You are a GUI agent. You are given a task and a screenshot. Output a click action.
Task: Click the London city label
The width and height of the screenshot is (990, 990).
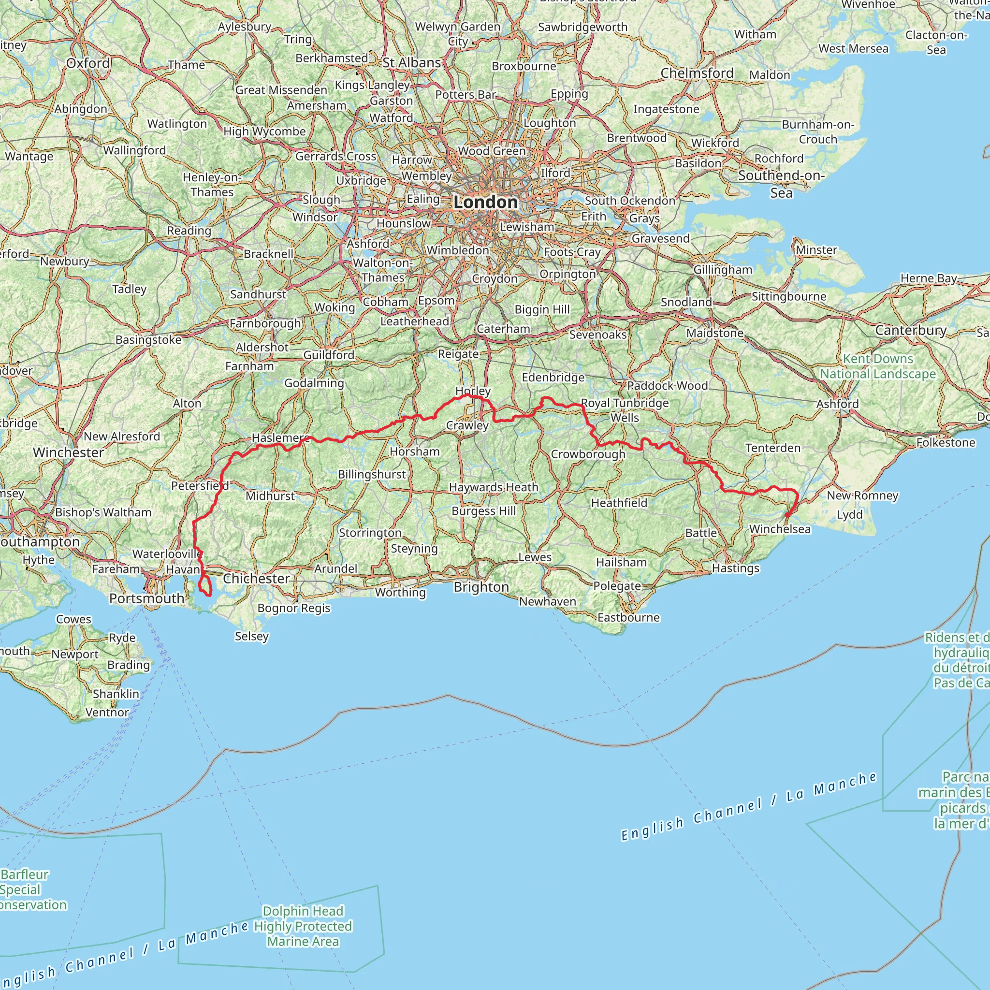(x=485, y=202)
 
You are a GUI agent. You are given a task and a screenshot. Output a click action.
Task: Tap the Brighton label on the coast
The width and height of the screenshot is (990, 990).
(x=481, y=587)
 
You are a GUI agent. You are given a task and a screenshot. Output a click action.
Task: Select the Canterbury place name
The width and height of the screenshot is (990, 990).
(x=911, y=330)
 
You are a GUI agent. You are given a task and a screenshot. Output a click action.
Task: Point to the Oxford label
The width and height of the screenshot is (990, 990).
(x=88, y=63)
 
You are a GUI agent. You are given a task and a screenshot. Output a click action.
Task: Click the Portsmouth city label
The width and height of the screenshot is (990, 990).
(x=146, y=598)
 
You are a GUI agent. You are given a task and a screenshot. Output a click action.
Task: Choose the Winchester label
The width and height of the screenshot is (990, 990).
(x=68, y=452)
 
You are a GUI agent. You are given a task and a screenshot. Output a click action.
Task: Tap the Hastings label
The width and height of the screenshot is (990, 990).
(x=735, y=568)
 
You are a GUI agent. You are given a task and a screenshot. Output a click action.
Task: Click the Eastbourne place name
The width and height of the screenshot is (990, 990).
(x=628, y=617)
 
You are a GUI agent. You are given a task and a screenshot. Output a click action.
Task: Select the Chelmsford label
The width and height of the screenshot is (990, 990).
(x=697, y=73)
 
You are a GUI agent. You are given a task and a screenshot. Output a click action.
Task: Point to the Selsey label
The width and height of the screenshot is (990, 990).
(x=251, y=636)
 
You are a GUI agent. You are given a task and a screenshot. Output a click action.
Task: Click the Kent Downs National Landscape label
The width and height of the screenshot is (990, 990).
(x=878, y=366)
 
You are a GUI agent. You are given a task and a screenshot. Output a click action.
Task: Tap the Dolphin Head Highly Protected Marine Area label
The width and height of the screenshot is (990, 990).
(x=303, y=926)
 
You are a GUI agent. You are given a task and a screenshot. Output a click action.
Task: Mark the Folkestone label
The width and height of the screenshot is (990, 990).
(x=946, y=442)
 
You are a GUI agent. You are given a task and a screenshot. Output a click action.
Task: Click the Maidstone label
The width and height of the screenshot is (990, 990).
(x=715, y=333)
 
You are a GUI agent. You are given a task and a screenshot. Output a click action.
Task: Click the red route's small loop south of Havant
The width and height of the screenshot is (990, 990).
(x=205, y=586)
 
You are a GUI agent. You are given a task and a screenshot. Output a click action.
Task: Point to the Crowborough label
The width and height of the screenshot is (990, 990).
(x=588, y=454)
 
